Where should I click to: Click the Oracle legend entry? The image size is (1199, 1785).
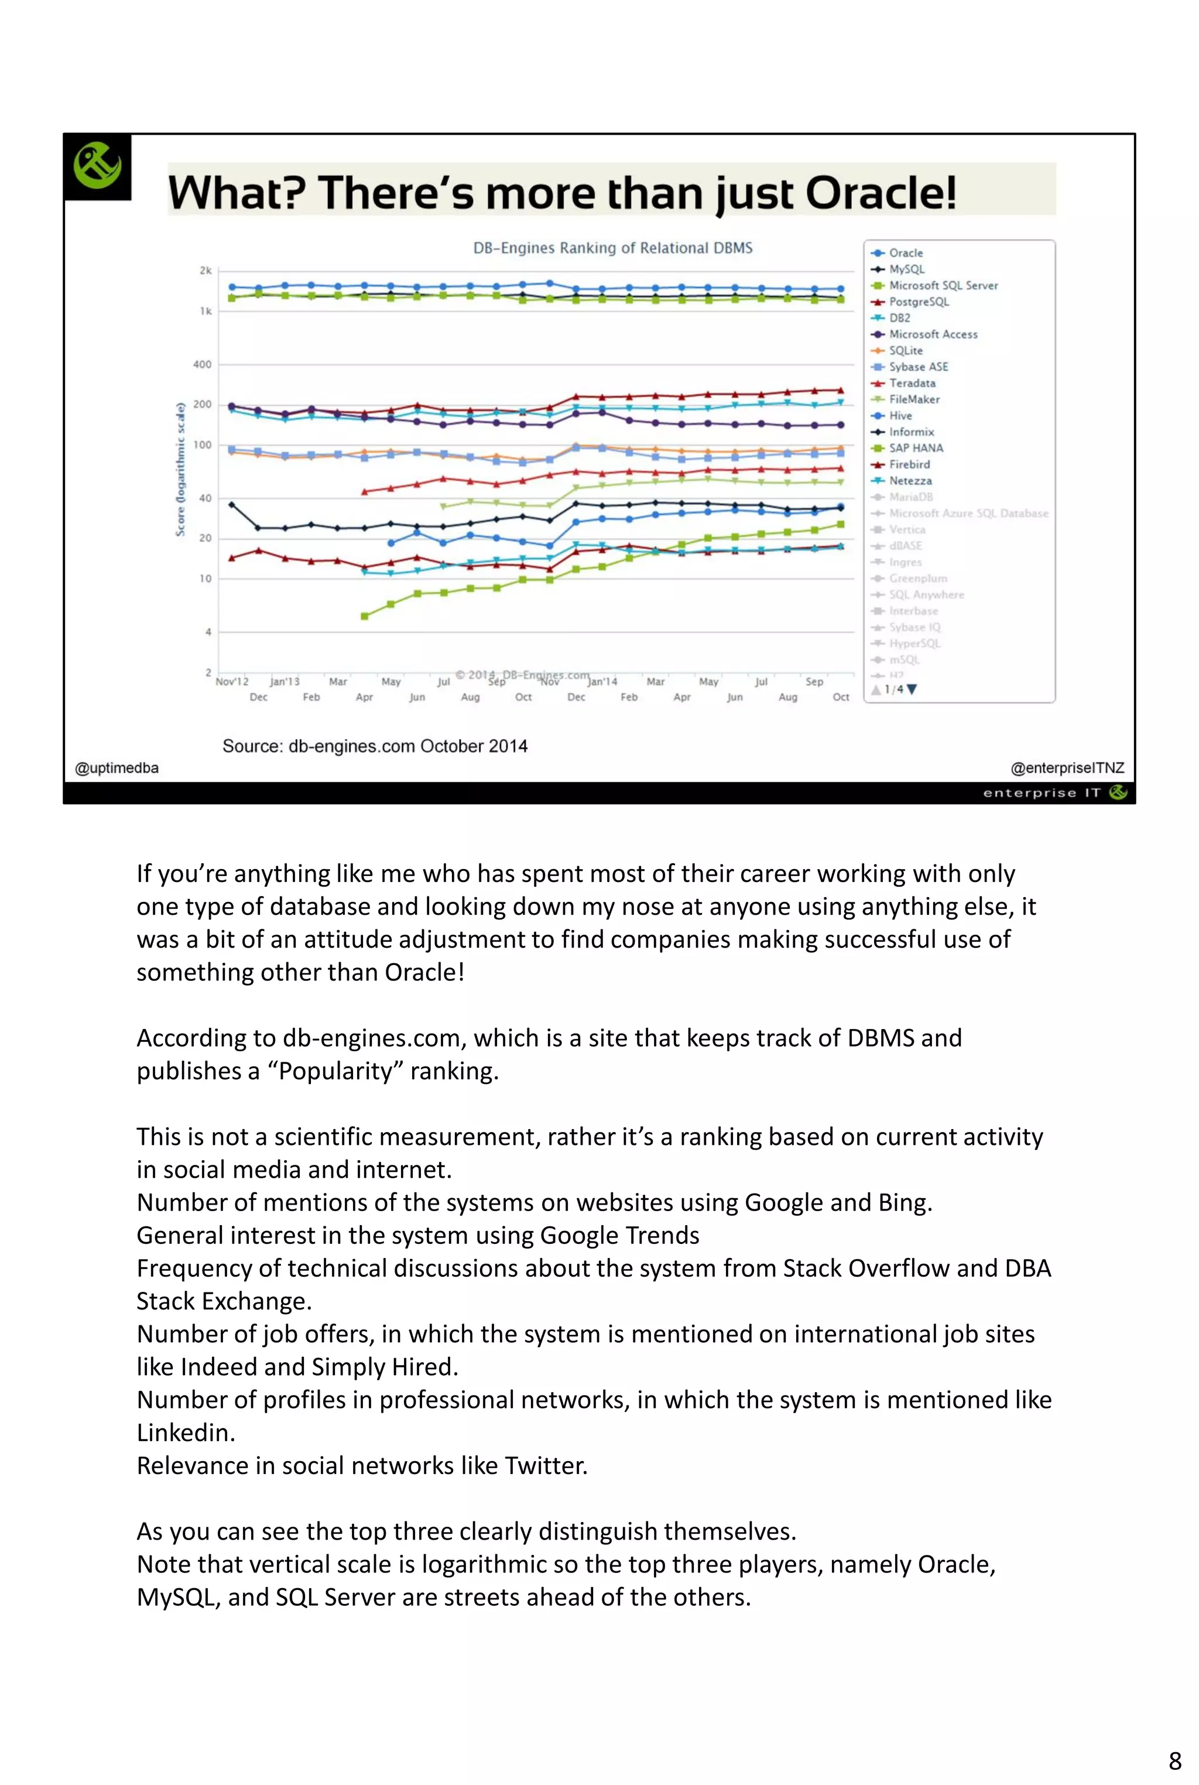pyautogui.click(x=905, y=253)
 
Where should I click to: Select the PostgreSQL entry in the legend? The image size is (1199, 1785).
pyautogui.click(x=919, y=302)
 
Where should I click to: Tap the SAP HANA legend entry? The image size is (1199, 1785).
pyautogui.click(x=915, y=448)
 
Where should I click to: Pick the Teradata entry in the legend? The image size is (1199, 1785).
pyautogui.click(x=912, y=383)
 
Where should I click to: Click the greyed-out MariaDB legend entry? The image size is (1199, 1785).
pyautogui.click(x=910, y=497)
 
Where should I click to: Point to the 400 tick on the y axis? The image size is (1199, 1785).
pyautogui.click(x=202, y=365)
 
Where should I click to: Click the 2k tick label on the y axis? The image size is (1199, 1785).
pyautogui.click(x=205, y=271)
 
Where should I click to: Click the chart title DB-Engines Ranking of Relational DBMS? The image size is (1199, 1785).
pyautogui.click(x=612, y=248)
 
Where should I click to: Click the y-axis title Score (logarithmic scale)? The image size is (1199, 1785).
pyautogui.click(x=180, y=470)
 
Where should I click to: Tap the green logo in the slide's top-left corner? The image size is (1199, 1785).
pyautogui.click(x=97, y=166)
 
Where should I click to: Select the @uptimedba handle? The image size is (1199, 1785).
pyautogui.click(x=117, y=768)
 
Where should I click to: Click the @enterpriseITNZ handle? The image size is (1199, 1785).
pyautogui.click(x=1067, y=768)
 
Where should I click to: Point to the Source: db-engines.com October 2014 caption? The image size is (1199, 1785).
pyautogui.click(x=375, y=747)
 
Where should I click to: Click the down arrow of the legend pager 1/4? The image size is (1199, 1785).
pyautogui.click(x=912, y=689)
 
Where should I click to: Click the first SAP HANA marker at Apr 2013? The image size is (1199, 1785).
pyautogui.click(x=365, y=615)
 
